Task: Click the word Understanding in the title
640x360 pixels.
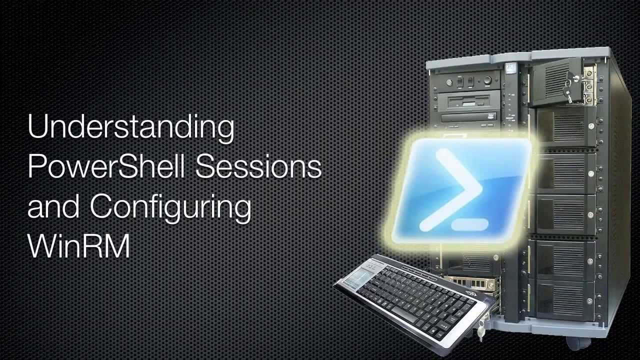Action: click(x=131, y=127)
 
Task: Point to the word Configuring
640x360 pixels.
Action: click(x=171, y=207)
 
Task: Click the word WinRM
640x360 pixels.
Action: click(x=79, y=246)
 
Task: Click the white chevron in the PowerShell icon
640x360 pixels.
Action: click(x=451, y=190)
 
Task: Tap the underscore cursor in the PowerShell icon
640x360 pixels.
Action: click(x=469, y=224)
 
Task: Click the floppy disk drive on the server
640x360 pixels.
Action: click(x=469, y=102)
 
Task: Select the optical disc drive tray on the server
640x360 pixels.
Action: click(x=469, y=117)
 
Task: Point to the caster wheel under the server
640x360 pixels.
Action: click(x=577, y=343)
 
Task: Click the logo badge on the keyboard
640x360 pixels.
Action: click(x=471, y=293)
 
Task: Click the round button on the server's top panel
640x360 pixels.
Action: click(x=487, y=80)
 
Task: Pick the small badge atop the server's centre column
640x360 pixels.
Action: click(x=510, y=68)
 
